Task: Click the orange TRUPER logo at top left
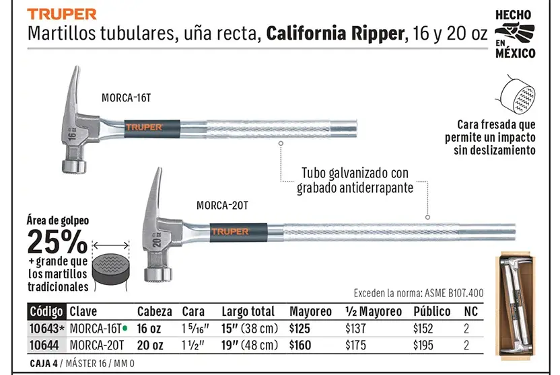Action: pyautogui.click(x=62, y=14)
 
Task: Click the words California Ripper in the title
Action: pyautogui.click(x=336, y=34)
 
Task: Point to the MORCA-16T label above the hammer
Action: pyautogui.click(x=126, y=97)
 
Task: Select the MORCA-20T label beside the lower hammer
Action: pyautogui.click(x=222, y=206)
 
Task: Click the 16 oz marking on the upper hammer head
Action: pyautogui.click(x=72, y=134)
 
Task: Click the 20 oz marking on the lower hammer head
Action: pyautogui.click(x=157, y=239)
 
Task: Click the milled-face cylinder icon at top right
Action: pyautogui.click(x=517, y=95)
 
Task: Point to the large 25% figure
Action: pyautogui.click(x=57, y=241)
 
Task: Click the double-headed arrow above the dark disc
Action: pyautogui.click(x=111, y=245)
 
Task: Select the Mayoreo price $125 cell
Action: pyautogui.click(x=300, y=329)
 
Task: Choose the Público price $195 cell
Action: pyautogui.click(x=423, y=345)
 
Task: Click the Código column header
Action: pyautogui.click(x=46, y=311)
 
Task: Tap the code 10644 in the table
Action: pyautogui.click(x=45, y=345)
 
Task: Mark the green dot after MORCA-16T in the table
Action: pyautogui.click(x=125, y=328)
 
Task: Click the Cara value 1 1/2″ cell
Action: pyautogui.click(x=193, y=345)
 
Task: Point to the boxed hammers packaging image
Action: pyautogui.click(x=516, y=304)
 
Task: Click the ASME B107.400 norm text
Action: pyautogui.click(x=454, y=293)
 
